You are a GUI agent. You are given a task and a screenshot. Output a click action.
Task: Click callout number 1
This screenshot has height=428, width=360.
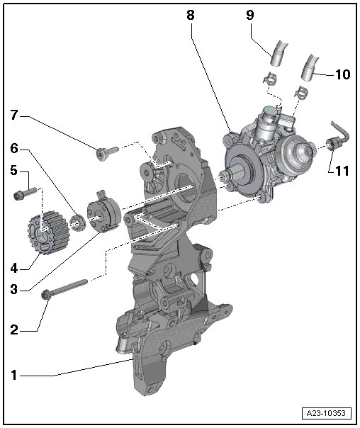point(14,376)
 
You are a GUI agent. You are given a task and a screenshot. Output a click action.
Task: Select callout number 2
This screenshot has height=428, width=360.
point(14,330)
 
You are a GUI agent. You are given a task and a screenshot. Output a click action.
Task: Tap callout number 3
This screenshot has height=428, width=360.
point(14,289)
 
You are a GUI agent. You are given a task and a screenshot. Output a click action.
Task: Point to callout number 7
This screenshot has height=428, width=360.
point(14,116)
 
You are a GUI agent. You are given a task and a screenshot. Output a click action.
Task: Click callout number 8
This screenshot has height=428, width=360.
point(191,14)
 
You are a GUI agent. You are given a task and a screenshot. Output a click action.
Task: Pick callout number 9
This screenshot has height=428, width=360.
point(250,14)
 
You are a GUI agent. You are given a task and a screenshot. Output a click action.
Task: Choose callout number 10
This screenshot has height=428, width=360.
point(342,74)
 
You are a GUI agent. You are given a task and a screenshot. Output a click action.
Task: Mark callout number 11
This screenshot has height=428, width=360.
point(342,171)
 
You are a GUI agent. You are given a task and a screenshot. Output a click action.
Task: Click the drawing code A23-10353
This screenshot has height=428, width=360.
point(326,413)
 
